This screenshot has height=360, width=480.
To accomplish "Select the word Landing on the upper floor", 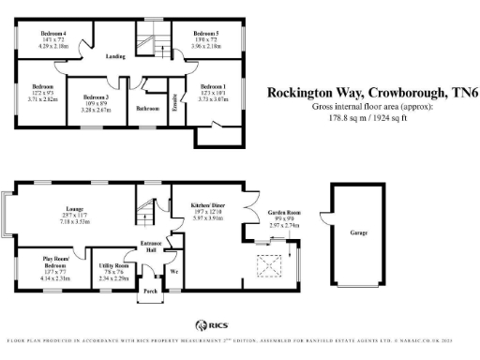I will tap(115, 55).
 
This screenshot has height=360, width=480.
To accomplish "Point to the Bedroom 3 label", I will tap(95, 97).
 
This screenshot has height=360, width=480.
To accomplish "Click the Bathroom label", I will tap(147, 108).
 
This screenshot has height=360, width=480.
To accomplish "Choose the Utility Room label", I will tap(114, 265).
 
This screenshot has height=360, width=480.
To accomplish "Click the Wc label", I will tap(174, 273).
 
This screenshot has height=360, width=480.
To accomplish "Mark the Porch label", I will tap(150, 292).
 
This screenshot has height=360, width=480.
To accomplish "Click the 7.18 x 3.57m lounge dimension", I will tap(76, 224).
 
